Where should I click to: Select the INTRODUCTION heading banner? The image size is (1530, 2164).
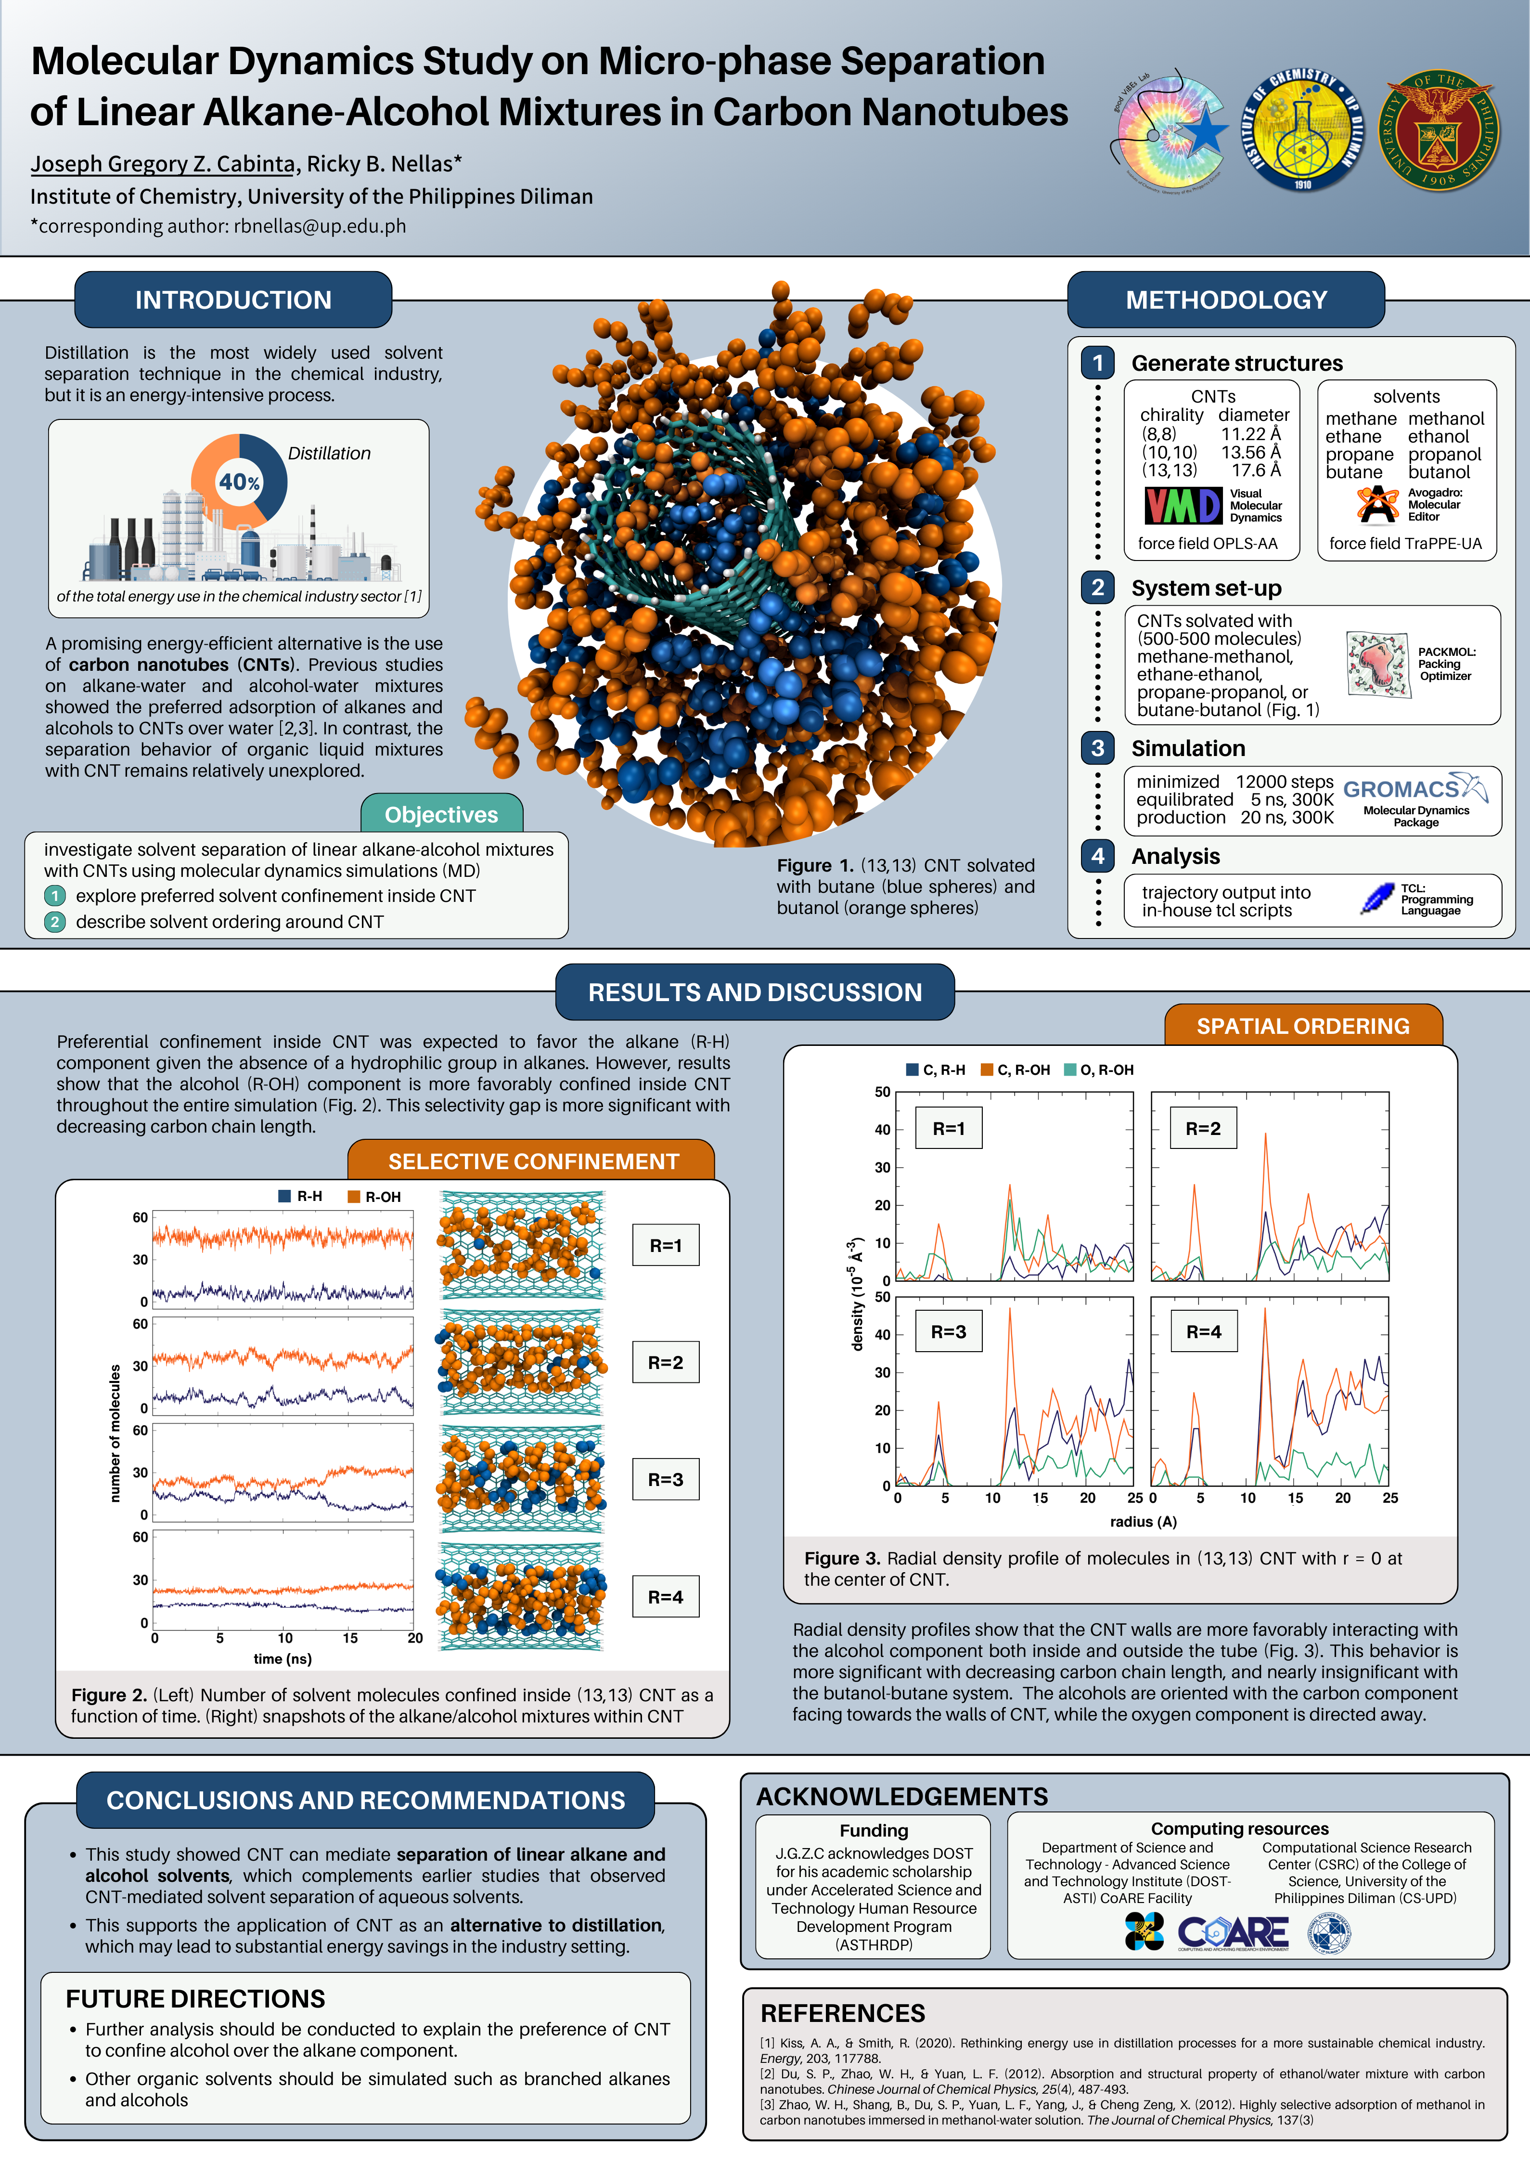click(233, 300)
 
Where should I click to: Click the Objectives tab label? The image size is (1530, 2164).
click(441, 814)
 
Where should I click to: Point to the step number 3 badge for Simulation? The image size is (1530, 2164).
click(1098, 748)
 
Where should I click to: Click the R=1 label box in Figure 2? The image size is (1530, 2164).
click(665, 1245)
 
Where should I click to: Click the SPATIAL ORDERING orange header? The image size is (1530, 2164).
click(1303, 1027)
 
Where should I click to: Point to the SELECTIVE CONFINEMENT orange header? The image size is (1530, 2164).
click(533, 1161)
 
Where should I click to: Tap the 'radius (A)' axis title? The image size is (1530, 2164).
click(1143, 1521)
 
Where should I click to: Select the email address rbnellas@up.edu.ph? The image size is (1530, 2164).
click(321, 226)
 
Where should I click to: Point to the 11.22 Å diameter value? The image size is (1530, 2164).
click(1250, 433)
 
